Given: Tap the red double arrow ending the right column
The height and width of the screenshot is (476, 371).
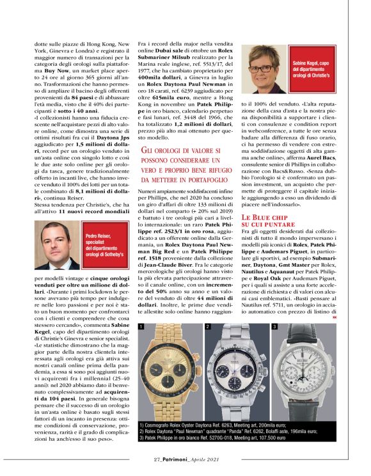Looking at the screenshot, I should click(x=335, y=317).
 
